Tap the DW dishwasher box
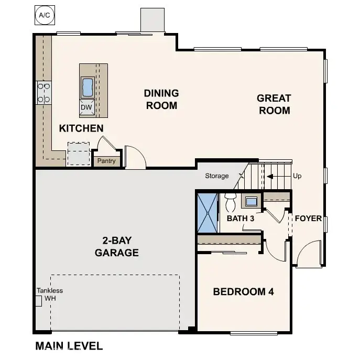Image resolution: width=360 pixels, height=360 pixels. pyautogui.click(x=86, y=107)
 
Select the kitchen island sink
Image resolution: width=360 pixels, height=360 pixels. pyautogui.click(x=87, y=86)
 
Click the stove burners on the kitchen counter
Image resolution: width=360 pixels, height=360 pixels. pyautogui.click(x=43, y=92)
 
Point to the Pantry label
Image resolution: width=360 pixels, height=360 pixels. pyautogui.click(x=106, y=161)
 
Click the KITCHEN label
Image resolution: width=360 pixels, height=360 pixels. pyautogui.click(x=81, y=128)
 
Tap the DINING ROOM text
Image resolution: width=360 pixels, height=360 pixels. pyautogui.click(x=161, y=99)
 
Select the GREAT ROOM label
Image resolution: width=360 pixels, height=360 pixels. pyautogui.click(x=274, y=104)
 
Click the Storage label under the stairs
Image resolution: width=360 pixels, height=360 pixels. pyautogui.click(x=216, y=176)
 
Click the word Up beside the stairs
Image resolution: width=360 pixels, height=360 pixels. pyautogui.click(x=297, y=177)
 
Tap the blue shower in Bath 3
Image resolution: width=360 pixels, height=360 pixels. pyautogui.click(x=206, y=213)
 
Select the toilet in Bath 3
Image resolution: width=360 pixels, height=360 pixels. pyautogui.click(x=230, y=202)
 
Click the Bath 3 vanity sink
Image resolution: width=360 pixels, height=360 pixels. pyautogui.click(x=251, y=201)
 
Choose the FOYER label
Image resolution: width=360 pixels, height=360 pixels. pyautogui.click(x=308, y=219)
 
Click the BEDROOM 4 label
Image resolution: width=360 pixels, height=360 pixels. pyautogui.click(x=243, y=292)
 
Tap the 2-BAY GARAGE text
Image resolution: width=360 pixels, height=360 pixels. pyautogui.click(x=116, y=247)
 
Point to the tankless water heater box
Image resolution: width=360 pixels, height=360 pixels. pyautogui.click(x=38, y=301)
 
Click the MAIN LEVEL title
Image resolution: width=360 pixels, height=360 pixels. pyautogui.click(x=69, y=346)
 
